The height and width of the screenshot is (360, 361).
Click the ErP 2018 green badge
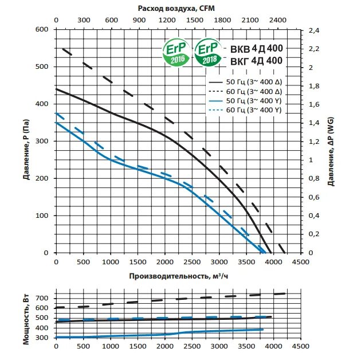[207, 52]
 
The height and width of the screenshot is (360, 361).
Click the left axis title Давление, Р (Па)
[27, 141]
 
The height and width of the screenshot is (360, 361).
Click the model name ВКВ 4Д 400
[256, 49]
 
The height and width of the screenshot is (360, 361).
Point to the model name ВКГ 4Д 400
[256, 60]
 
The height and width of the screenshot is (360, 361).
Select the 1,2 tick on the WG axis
[313, 142]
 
